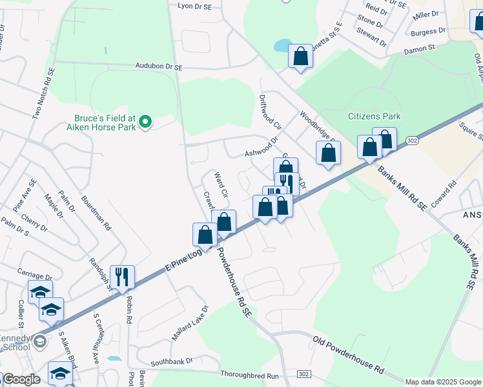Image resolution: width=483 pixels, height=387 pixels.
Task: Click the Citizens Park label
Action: click(374, 117)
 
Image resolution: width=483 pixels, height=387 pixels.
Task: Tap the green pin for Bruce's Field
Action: click(146, 121)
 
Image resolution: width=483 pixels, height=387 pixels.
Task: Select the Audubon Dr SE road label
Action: click(159, 66)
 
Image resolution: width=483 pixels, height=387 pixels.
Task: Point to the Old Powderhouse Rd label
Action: click(349, 355)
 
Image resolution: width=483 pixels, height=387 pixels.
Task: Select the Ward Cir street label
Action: click(221, 184)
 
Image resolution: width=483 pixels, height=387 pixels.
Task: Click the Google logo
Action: click(22, 379)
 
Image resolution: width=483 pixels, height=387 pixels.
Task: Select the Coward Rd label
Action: click(444, 192)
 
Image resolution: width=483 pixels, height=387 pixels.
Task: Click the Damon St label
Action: click(420, 49)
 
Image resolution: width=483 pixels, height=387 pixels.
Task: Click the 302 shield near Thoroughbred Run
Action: click(304, 374)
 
